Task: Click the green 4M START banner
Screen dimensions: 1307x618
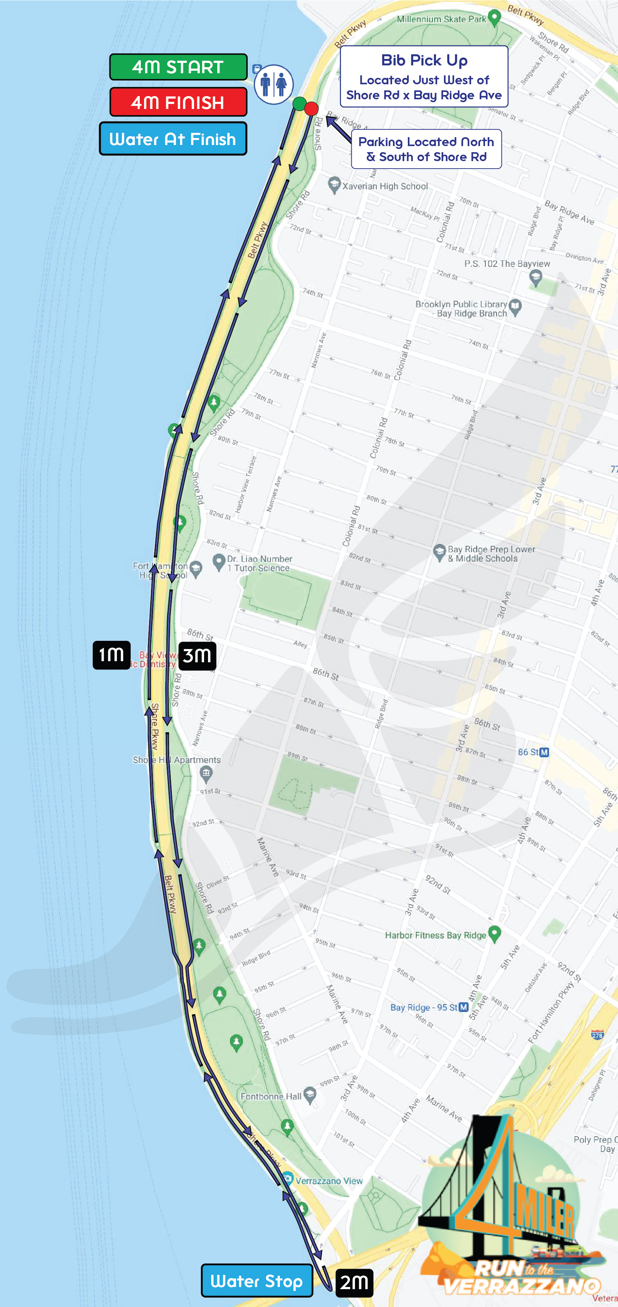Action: pos(178,67)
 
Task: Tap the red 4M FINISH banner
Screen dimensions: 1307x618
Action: pos(178,103)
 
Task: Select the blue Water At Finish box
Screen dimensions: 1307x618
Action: pos(173,139)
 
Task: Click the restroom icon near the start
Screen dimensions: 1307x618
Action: pos(274,84)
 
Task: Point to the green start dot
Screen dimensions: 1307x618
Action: pos(300,104)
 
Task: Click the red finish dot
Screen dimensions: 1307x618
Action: pos(311,108)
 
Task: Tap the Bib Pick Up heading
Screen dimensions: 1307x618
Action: pos(424,60)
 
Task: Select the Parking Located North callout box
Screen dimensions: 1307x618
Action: pos(426,149)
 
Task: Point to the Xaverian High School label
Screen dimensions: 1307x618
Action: pos(385,186)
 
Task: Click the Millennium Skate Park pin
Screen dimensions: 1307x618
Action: pos(494,17)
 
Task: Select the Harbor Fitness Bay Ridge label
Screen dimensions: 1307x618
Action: pos(435,935)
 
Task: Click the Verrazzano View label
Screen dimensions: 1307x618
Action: pos(329,1181)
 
